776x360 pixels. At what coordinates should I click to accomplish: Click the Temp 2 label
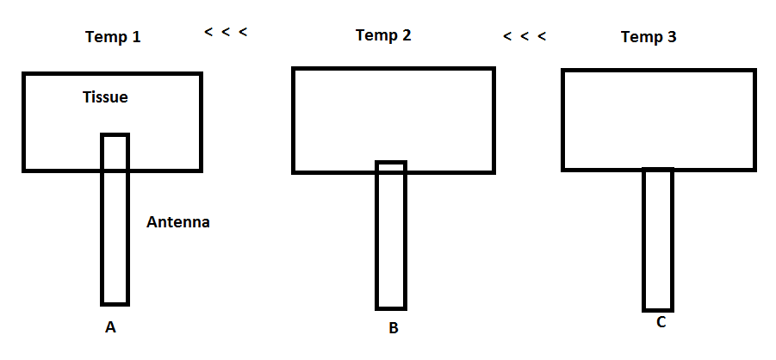click(383, 35)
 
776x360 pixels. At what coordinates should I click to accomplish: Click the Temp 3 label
click(649, 37)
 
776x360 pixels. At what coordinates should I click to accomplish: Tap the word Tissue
click(105, 97)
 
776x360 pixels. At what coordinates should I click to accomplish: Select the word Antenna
click(178, 222)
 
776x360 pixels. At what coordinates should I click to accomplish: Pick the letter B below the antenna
click(393, 328)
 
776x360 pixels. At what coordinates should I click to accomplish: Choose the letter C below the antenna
click(661, 323)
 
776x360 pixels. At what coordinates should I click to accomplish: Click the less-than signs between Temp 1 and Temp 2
click(226, 33)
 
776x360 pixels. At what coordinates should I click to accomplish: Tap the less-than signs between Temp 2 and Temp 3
click(525, 36)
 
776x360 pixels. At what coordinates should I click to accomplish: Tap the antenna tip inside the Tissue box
click(115, 137)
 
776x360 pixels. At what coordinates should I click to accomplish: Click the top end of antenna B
click(390, 164)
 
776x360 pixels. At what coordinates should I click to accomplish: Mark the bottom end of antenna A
click(115, 302)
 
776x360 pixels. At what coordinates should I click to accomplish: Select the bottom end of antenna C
click(658, 308)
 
